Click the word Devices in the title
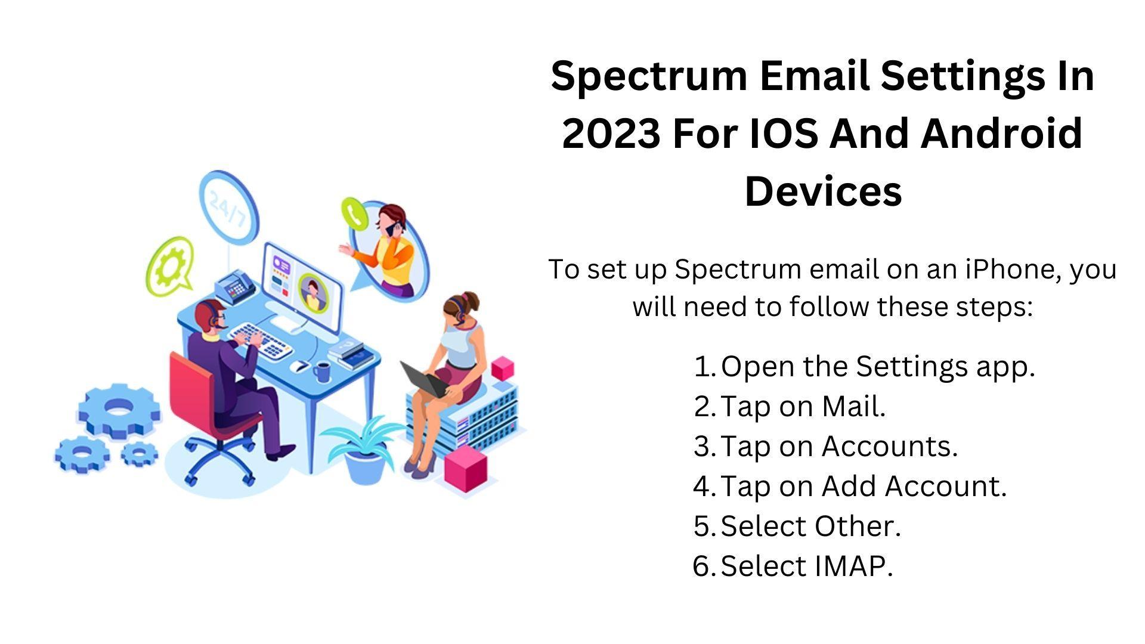823,192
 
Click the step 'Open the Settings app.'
877,366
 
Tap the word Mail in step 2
853,407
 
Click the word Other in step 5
858,526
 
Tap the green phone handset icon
354,213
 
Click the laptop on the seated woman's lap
424,379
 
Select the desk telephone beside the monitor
234,286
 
